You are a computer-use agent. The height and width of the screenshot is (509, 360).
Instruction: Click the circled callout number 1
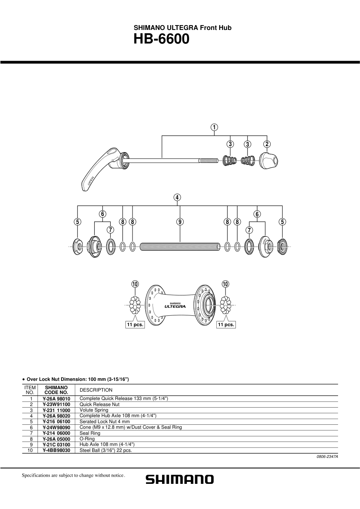214,127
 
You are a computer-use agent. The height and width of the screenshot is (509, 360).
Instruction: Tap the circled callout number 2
267,144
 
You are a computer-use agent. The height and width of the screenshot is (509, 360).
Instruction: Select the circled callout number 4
177,197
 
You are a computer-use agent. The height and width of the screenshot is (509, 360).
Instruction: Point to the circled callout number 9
180,222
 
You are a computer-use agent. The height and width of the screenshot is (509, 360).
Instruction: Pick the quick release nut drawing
269,160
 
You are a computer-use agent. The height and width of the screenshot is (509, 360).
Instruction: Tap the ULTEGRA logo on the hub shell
175,307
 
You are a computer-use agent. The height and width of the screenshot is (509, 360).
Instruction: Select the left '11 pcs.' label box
135,325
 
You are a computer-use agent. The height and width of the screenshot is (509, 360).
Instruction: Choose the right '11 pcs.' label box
226,325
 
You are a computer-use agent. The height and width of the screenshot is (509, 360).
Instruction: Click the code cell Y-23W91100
56,404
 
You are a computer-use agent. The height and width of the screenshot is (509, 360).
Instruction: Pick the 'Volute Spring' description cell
94,410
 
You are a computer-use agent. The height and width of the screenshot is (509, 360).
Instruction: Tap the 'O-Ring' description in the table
87,438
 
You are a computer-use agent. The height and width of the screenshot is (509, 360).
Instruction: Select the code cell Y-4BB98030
56,450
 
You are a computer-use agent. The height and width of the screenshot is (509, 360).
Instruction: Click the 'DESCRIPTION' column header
96,390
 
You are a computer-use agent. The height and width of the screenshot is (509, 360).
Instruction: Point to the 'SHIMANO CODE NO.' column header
56,390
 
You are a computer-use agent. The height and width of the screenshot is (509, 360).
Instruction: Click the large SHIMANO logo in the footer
180,479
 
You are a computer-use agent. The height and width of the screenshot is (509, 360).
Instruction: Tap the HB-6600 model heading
161,40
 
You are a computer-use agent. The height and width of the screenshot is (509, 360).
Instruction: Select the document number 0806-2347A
327,456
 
